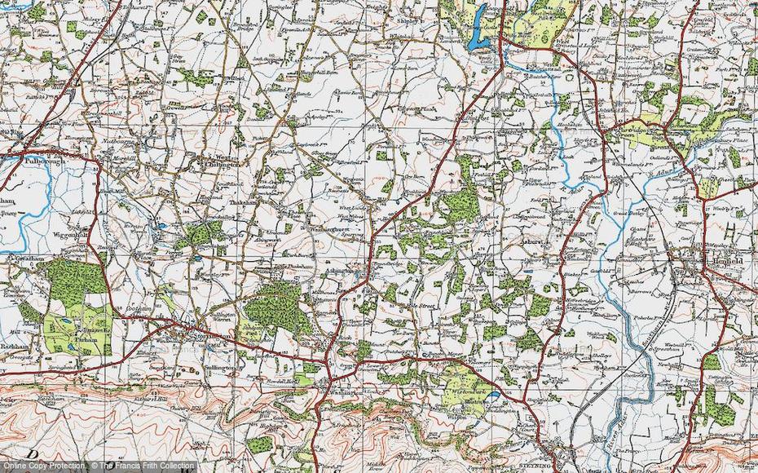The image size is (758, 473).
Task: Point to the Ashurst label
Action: click(x=537, y=241)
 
